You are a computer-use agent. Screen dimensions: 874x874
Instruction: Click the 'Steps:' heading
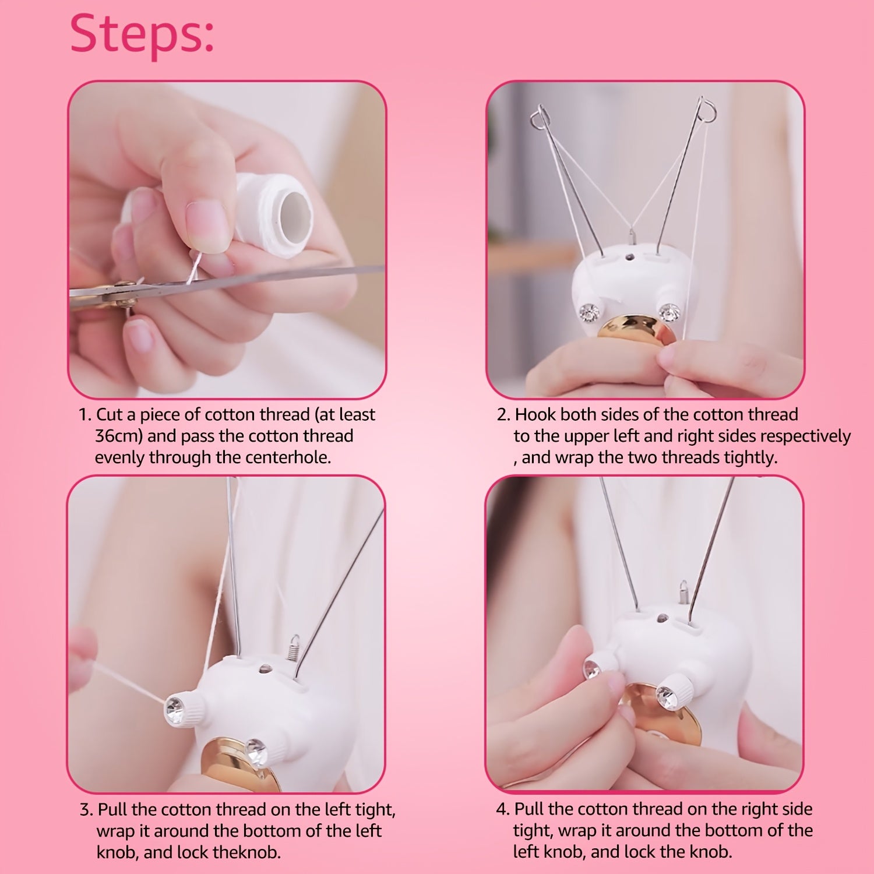(x=142, y=34)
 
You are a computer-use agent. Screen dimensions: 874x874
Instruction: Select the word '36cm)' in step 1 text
(x=118, y=436)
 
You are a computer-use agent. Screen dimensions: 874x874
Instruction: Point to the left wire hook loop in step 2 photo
(x=540, y=117)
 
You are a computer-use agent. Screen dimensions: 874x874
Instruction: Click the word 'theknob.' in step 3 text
(x=247, y=852)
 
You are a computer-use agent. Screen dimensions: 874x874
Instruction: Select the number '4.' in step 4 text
(x=503, y=809)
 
